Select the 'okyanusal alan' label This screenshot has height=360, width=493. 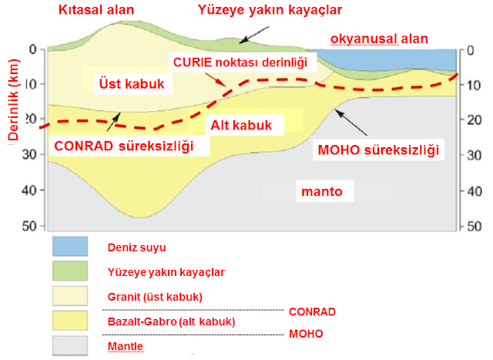(x=379, y=39)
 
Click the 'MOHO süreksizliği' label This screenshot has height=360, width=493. (x=378, y=150)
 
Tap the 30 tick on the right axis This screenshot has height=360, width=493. (x=468, y=154)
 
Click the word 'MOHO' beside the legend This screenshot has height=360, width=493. (x=305, y=334)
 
